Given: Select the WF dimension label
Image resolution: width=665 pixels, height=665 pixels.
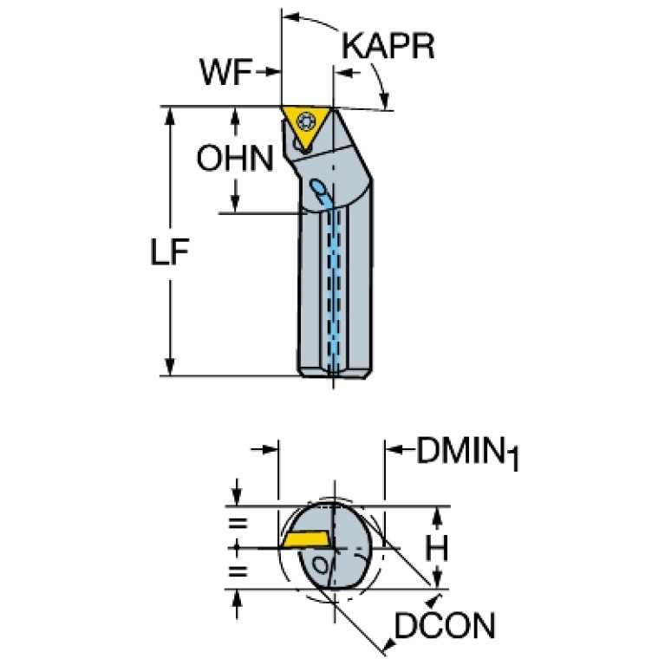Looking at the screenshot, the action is coord(226,72).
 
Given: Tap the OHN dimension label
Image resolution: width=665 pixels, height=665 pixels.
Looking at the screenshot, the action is coord(235,158).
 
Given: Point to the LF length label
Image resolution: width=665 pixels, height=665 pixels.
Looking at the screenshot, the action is coord(170,252).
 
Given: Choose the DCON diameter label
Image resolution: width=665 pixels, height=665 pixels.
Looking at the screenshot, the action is coord(445,626).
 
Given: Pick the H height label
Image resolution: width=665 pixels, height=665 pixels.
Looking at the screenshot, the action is coord(436,548).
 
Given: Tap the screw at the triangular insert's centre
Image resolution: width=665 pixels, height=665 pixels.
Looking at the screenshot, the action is coord(305,122).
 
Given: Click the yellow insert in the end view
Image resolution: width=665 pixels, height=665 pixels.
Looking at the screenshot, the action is coord(305,538).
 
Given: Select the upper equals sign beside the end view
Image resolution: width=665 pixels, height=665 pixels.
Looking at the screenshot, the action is coord(238,523).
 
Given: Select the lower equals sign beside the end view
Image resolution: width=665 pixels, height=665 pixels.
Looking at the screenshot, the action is coord(238,571).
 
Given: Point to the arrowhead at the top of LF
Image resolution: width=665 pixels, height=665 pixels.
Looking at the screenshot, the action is coord(170,116).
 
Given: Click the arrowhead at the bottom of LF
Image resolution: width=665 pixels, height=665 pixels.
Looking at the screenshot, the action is coord(170,367).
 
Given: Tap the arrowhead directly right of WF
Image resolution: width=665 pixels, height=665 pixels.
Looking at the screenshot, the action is coord(272,72).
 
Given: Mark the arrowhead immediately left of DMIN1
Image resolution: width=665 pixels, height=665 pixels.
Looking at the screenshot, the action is coord(394,449).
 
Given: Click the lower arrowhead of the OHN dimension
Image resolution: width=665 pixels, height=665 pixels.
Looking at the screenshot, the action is coord(235,204).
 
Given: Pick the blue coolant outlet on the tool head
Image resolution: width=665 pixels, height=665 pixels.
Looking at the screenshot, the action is coord(317,186).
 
